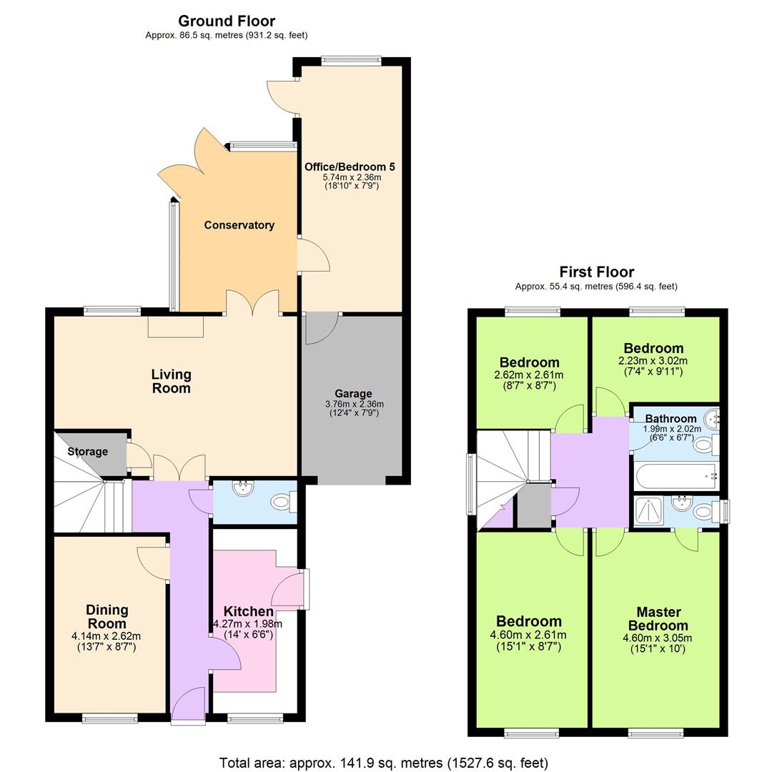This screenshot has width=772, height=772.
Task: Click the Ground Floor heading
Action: click(x=226, y=21)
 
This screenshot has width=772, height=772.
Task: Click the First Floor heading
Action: click(x=596, y=272)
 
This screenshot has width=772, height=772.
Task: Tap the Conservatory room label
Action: click(x=239, y=225)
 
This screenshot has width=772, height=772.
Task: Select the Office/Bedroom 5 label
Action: click(x=350, y=167)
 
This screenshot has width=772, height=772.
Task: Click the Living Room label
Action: click(x=171, y=381)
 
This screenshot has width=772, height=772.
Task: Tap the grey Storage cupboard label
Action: click(x=88, y=452)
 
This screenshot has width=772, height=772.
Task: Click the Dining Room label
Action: click(x=107, y=616)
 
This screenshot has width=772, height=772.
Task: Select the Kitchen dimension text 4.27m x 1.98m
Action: click(x=247, y=624)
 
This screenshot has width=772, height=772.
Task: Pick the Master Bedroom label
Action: click(x=658, y=618)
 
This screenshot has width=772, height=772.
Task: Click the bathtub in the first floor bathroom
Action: click(x=675, y=475)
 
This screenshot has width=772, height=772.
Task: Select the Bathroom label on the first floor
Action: click(x=670, y=419)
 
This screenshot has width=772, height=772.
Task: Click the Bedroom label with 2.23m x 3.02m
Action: click(x=653, y=349)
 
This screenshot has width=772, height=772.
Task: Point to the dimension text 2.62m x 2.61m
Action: click(x=528, y=375)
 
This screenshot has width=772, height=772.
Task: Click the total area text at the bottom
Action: click(x=384, y=763)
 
